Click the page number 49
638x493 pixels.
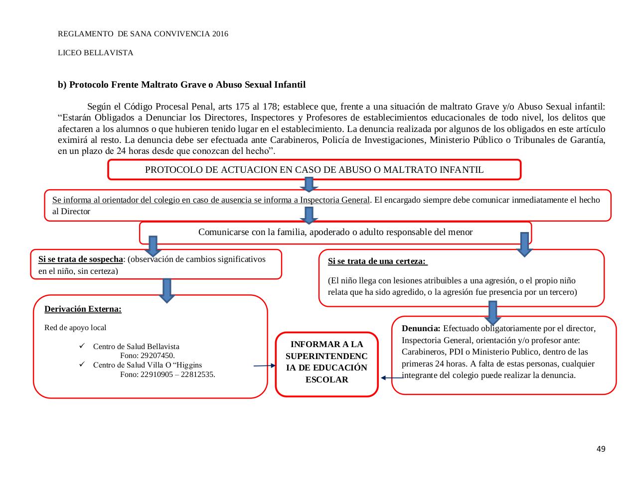pos(601,449)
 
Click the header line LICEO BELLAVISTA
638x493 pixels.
pos(95,53)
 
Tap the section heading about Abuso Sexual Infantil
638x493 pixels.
pos(181,85)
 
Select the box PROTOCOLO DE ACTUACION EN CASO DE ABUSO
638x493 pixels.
pos(314,170)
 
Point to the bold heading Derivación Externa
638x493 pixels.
pos(83,309)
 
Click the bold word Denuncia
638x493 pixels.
pos(421,329)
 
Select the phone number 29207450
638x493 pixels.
pos(147,356)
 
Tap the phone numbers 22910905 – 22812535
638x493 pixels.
pos(167,374)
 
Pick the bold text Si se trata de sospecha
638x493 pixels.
pos(80,259)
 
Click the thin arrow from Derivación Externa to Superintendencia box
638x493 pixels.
pos(264,366)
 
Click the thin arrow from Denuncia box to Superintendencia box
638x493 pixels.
pos(392,377)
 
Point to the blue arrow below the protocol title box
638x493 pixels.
pos(309,184)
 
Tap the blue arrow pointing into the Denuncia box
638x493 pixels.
pos(492,312)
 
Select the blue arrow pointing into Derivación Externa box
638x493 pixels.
pos(167,290)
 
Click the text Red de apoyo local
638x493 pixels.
pos(75,328)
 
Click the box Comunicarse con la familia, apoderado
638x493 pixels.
pos(335,232)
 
